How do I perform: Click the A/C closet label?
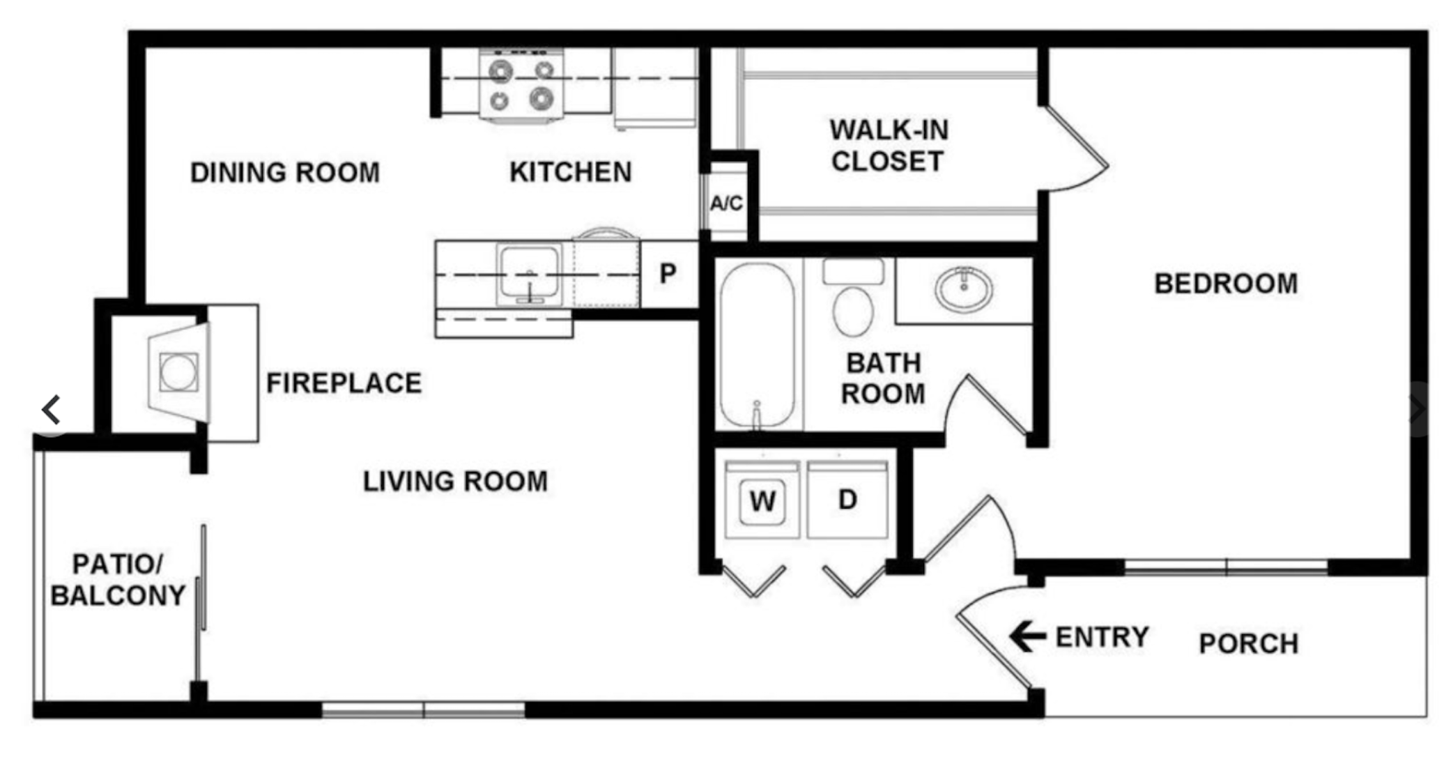[726, 204]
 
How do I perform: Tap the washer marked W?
[762, 499]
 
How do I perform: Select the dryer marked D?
[847, 499]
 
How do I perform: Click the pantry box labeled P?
[668, 274]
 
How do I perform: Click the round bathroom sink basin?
[964, 289]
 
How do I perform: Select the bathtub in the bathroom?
[758, 345]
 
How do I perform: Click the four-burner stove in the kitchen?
[522, 84]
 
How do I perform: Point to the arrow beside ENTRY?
[1028, 636]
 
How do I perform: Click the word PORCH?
[1248, 643]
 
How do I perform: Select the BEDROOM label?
[1226, 284]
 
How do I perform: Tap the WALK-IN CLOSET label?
[889, 146]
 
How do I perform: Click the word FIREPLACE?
[344, 383]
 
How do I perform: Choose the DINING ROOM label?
[285, 172]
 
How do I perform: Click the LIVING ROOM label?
[455, 481]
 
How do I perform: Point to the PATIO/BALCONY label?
[118, 580]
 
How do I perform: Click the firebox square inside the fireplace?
[179, 372]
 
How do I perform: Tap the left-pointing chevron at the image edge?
[51, 409]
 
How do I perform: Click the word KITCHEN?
[571, 172]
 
